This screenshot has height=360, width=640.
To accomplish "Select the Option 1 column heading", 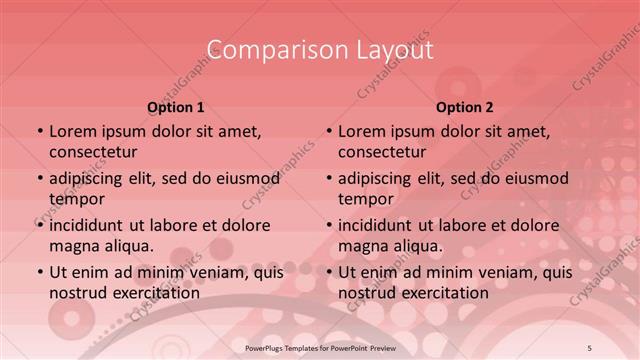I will point(176,107).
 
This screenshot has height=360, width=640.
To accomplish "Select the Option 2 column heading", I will point(465,107).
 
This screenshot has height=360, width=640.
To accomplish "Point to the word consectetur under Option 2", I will point(383,152).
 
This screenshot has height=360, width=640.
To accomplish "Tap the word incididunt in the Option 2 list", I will point(381,226).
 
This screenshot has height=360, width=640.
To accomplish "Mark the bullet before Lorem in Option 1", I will point(39,132).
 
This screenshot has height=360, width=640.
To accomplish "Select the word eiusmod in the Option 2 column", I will point(534,179).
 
